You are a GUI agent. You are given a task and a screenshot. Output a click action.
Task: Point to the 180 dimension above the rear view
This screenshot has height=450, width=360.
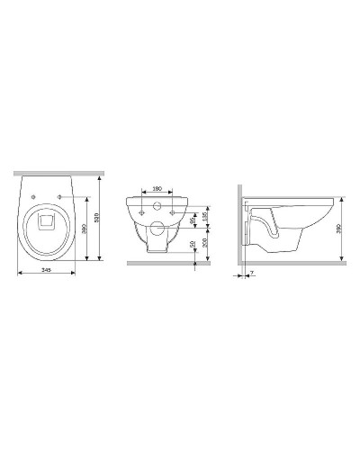tap(157, 188)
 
